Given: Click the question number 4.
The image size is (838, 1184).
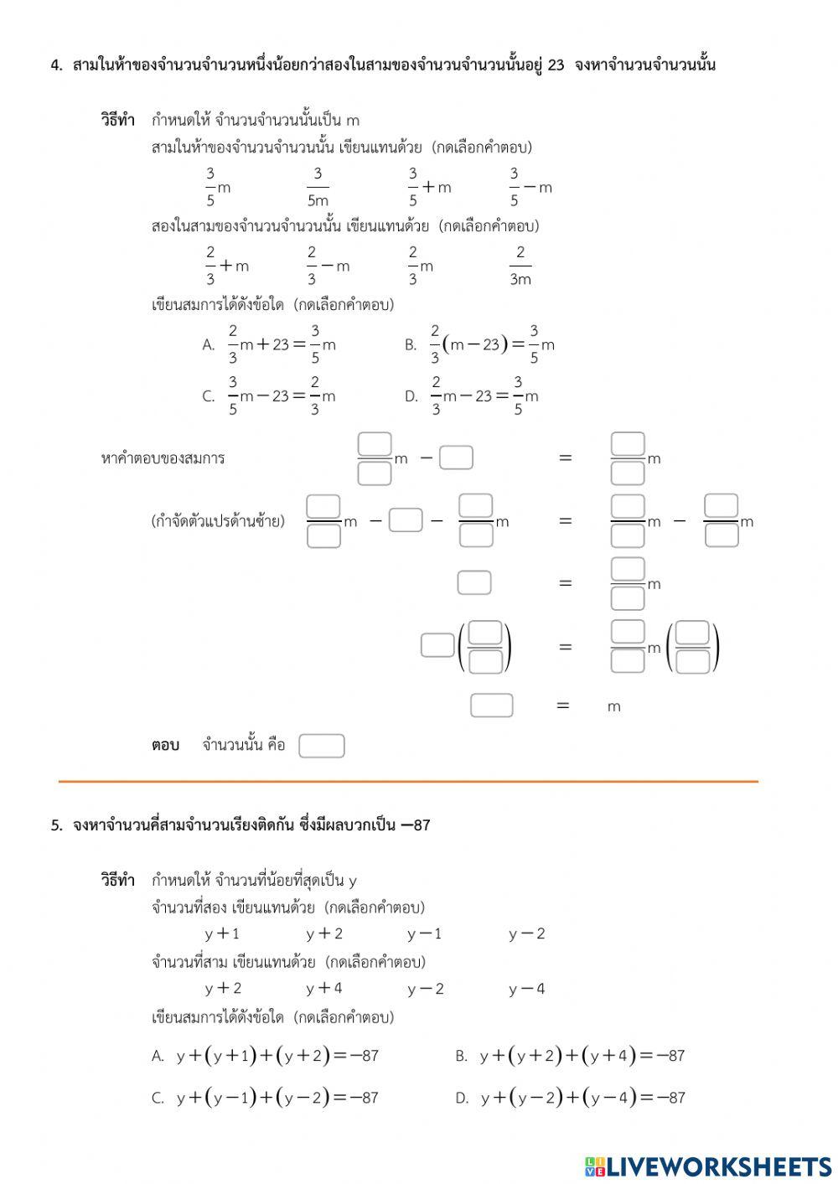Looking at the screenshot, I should [x=56, y=65].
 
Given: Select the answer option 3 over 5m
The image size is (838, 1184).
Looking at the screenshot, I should [x=318, y=187].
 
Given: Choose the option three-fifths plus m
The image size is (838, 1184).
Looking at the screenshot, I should [x=429, y=187].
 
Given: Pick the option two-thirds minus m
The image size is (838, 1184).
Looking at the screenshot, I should [x=328, y=266].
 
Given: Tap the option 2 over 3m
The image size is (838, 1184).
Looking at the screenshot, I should [x=520, y=266].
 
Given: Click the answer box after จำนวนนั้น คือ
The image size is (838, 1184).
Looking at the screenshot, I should [x=322, y=746].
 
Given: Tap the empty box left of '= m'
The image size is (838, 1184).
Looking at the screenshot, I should [x=491, y=706].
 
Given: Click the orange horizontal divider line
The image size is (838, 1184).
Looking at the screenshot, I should [x=408, y=782].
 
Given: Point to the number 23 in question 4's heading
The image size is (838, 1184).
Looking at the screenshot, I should [x=556, y=65].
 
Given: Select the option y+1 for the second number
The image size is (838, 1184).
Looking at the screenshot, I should [x=222, y=933].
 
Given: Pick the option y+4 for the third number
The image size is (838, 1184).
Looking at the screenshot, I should [x=324, y=989].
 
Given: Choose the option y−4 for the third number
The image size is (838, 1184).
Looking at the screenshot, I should [x=526, y=989].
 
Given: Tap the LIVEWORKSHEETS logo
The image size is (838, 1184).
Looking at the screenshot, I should [x=708, y=1166].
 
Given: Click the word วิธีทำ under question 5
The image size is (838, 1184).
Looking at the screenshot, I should [x=117, y=881].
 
